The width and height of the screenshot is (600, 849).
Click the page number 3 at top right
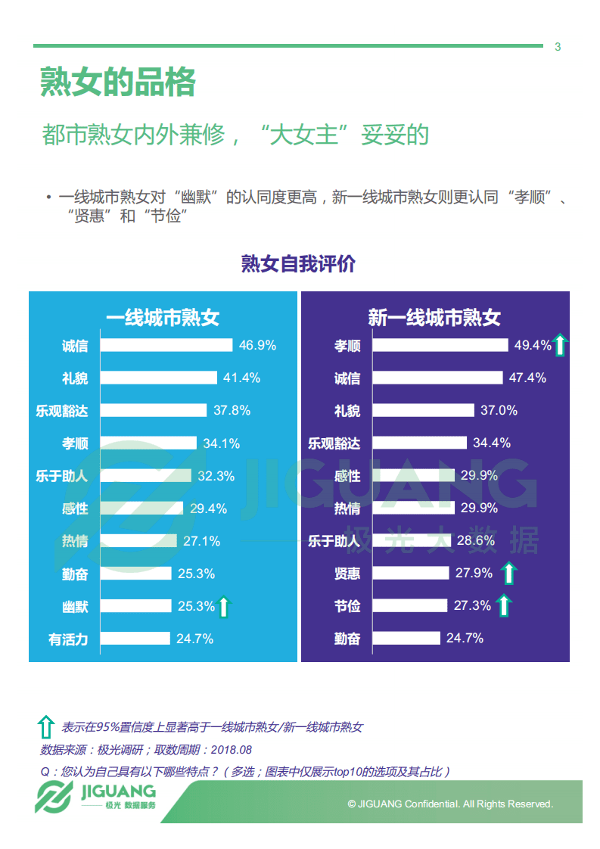[x=558, y=47]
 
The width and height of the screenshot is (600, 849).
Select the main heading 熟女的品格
[x=118, y=82]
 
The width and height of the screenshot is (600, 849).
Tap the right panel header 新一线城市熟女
[x=434, y=317]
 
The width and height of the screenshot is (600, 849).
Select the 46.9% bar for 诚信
[x=166, y=345]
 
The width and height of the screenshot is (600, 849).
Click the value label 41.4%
[x=241, y=378]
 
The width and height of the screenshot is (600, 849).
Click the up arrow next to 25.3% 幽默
[x=223, y=606]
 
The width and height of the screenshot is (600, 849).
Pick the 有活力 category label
[x=68, y=639]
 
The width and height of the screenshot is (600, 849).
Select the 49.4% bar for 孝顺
[x=441, y=345]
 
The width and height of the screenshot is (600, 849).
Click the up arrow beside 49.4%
[x=560, y=345]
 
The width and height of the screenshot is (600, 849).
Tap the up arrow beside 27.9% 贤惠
[x=509, y=574]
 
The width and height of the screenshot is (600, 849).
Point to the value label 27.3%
[x=472, y=606]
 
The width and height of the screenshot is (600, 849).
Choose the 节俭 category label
[x=347, y=606]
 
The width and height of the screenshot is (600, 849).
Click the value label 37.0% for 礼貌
[x=499, y=410]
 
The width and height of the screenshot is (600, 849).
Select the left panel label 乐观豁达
[x=62, y=411]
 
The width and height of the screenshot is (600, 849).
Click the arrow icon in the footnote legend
[x=45, y=727]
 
